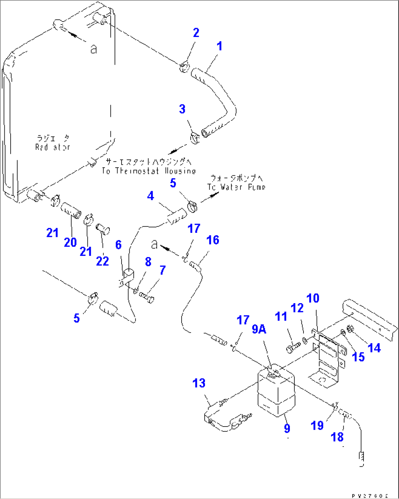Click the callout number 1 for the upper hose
[x=219, y=46]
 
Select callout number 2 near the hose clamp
[x=196, y=33]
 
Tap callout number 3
[x=182, y=109]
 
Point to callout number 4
[x=150, y=196]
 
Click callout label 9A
[x=259, y=329]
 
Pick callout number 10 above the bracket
[x=313, y=298]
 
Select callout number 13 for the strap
[x=199, y=383]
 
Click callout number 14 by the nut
[x=374, y=348]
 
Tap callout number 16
[x=213, y=240]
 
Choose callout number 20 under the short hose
[x=70, y=242]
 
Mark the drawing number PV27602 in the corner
[x=370, y=496]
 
